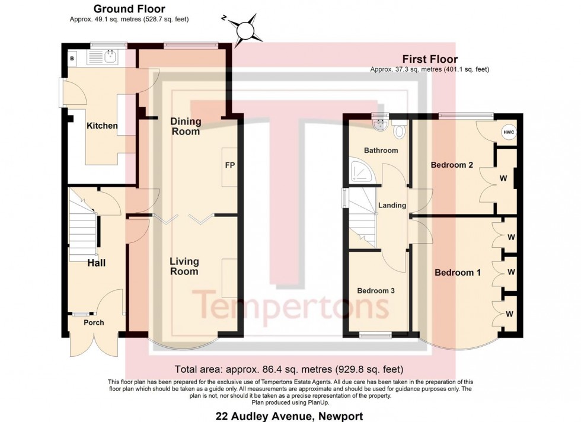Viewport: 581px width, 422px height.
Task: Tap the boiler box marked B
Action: (x=72, y=59)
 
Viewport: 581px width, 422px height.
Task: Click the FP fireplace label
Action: (x=230, y=165)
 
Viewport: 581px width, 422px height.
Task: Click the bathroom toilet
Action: (x=400, y=129)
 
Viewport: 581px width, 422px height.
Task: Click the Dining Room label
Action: (x=186, y=126)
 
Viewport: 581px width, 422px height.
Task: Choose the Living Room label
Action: (x=184, y=266)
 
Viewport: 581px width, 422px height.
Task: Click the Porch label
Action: (x=94, y=322)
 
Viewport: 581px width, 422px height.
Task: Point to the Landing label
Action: (x=392, y=205)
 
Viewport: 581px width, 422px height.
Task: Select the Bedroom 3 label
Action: (x=376, y=291)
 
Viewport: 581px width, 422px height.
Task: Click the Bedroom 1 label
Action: (x=458, y=273)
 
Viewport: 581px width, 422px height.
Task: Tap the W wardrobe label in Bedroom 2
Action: (x=503, y=178)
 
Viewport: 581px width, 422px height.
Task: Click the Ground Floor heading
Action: (x=129, y=8)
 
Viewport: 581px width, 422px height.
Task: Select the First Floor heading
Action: (x=430, y=59)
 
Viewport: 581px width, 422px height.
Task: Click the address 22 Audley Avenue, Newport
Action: (x=289, y=416)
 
